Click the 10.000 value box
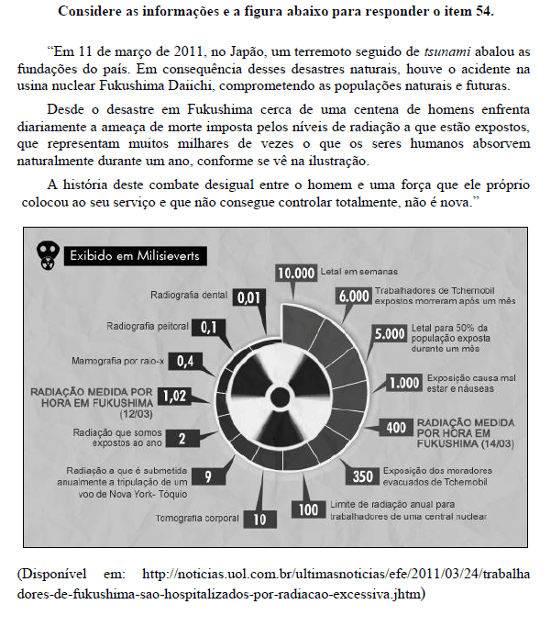[x=296, y=273]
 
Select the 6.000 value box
[x=353, y=296]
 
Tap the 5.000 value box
[x=390, y=335]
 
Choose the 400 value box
[x=397, y=427]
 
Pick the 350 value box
[x=363, y=476]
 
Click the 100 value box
[x=308, y=509]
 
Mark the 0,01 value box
[x=251, y=297]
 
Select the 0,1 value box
[x=208, y=327]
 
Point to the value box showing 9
[x=209, y=476]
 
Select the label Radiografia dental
[x=187, y=296]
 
